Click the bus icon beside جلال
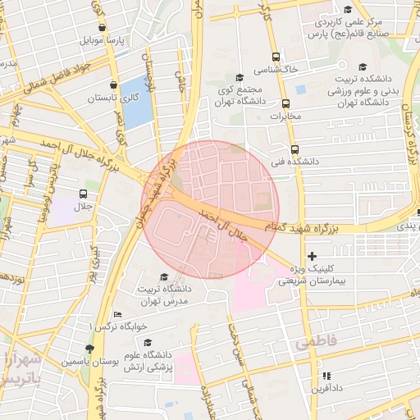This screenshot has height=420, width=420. [82, 194]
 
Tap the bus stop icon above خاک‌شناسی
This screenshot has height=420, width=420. [276, 57]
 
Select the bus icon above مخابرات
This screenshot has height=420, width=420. [285, 104]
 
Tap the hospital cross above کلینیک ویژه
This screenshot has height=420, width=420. [311, 256]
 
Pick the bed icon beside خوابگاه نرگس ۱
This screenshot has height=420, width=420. [117, 314]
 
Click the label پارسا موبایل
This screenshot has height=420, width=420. [102, 39]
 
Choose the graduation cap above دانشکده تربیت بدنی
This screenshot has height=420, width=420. [362, 69]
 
